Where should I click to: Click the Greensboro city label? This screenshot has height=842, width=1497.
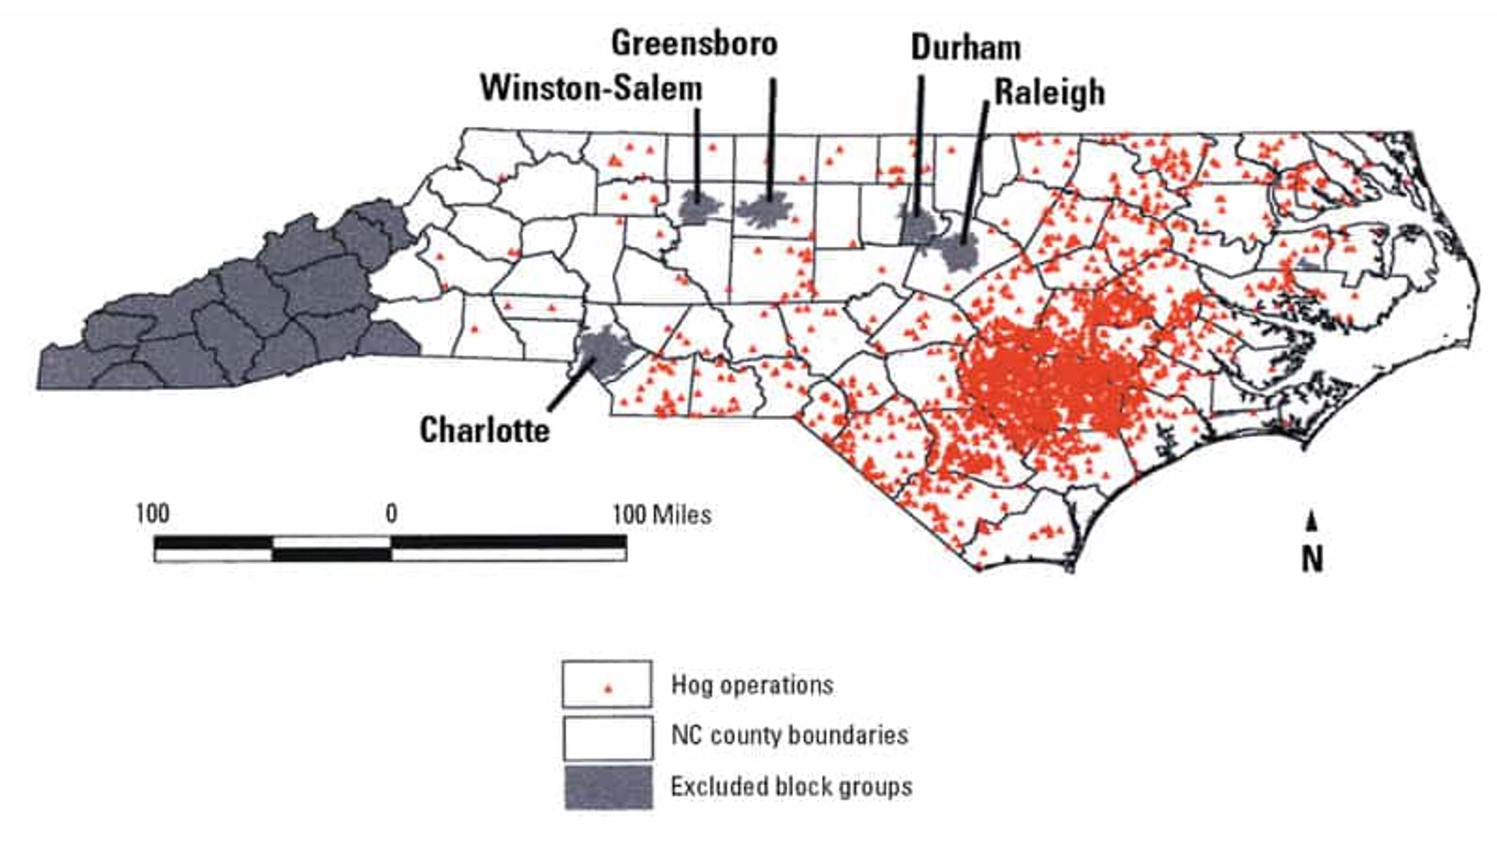(x=694, y=43)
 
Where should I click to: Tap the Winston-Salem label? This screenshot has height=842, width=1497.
(x=591, y=88)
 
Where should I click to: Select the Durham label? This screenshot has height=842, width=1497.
(x=966, y=47)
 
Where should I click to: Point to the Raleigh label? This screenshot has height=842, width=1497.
(x=1049, y=92)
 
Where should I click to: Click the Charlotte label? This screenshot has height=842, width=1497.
(x=485, y=429)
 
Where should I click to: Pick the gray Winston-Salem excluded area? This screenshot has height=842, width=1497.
(x=696, y=209)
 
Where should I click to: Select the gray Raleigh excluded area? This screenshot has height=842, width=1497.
(x=959, y=252)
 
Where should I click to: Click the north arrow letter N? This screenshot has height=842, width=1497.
(x=1312, y=559)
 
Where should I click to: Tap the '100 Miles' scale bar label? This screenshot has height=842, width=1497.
(x=661, y=514)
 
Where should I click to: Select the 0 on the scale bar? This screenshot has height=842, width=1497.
(x=391, y=513)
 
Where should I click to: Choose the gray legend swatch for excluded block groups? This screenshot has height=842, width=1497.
(x=608, y=787)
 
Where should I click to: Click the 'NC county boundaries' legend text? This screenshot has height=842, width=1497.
(x=789, y=734)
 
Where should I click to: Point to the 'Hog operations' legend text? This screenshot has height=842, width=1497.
(x=751, y=685)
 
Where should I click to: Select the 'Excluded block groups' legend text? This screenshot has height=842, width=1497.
(x=791, y=786)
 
